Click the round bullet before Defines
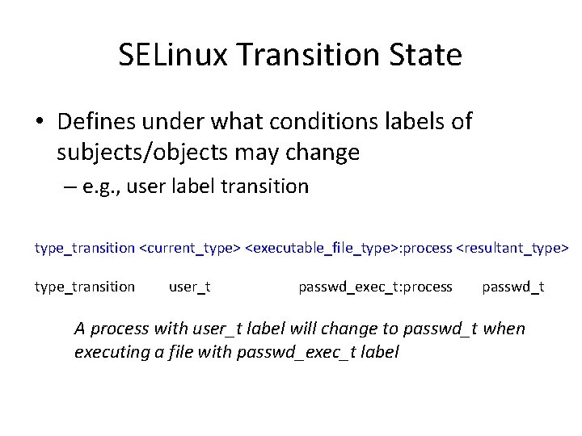[40, 123]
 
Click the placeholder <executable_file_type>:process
[348, 248]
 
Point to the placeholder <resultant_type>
[513, 248]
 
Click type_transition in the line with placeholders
[85, 248]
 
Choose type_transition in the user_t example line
[85, 287]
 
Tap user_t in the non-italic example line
[190, 287]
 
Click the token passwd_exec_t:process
[375, 287]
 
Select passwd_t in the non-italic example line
[513, 287]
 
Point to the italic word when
[504, 329]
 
